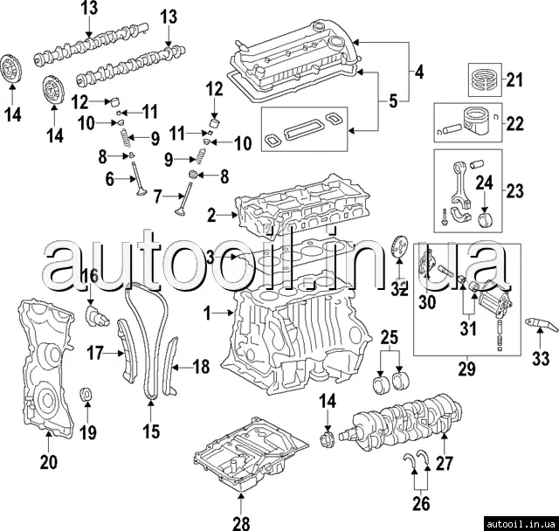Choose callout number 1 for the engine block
pyautogui.click(x=209, y=311)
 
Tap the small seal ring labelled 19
pyautogui.click(x=86, y=393)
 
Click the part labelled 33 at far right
pyautogui.click(x=538, y=328)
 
